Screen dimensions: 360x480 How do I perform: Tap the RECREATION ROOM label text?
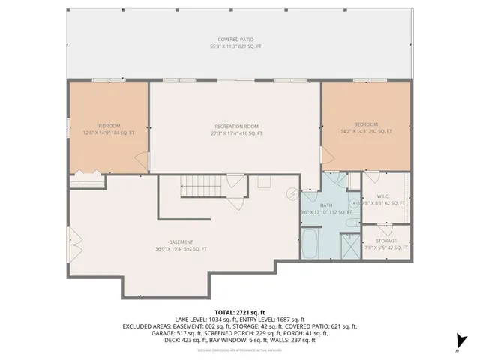pos(237,125)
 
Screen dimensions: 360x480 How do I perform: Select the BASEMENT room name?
pos(181,241)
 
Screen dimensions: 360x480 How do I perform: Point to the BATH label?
pos(325,205)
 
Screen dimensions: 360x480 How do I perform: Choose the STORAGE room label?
pos(387,241)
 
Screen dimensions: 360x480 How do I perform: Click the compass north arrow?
pos(462,342)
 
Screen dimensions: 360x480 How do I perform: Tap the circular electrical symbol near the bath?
pos(292,193)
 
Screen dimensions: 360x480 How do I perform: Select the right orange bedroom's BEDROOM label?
pos(366,124)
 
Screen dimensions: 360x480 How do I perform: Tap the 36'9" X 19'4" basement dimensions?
pos(181,249)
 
